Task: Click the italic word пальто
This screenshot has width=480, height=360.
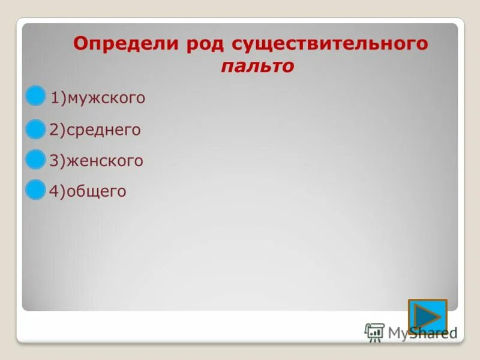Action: tap(257, 67)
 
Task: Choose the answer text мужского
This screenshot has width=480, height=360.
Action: tap(106, 98)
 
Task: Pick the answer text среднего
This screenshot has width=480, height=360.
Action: tap(104, 130)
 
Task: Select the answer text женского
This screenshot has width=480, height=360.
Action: tap(105, 161)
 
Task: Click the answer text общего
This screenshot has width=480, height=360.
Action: tap(97, 192)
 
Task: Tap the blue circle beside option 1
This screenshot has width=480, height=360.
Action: tap(36, 95)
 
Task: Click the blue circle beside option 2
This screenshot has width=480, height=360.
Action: tap(36, 128)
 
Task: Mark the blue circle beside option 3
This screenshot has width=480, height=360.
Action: tap(36, 158)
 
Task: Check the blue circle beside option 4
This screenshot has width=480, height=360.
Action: tap(36, 189)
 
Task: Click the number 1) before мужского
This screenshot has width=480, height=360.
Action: tap(58, 98)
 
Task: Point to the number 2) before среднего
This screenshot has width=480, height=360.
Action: tap(58, 130)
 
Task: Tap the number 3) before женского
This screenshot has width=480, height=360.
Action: tap(58, 161)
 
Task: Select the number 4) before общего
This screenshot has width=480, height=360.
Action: tap(58, 192)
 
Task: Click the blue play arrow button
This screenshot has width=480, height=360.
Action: tap(427, 316)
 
